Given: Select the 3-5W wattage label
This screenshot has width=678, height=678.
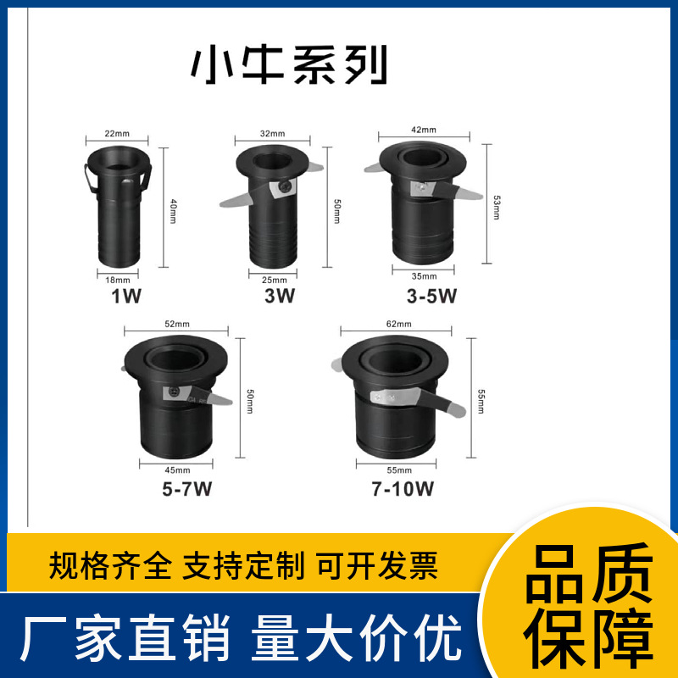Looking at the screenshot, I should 432,296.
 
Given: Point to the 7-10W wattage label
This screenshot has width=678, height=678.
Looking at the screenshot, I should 403,490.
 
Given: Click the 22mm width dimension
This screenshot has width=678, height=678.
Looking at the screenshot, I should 117,134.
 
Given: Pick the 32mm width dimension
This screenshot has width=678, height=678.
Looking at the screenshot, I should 273,134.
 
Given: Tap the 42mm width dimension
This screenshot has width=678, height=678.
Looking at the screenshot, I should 423,130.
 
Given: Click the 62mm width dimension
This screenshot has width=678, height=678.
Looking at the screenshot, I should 397,325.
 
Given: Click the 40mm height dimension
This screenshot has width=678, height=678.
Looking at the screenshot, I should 173,207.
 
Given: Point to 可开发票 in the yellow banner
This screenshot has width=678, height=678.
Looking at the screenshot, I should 378,563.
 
